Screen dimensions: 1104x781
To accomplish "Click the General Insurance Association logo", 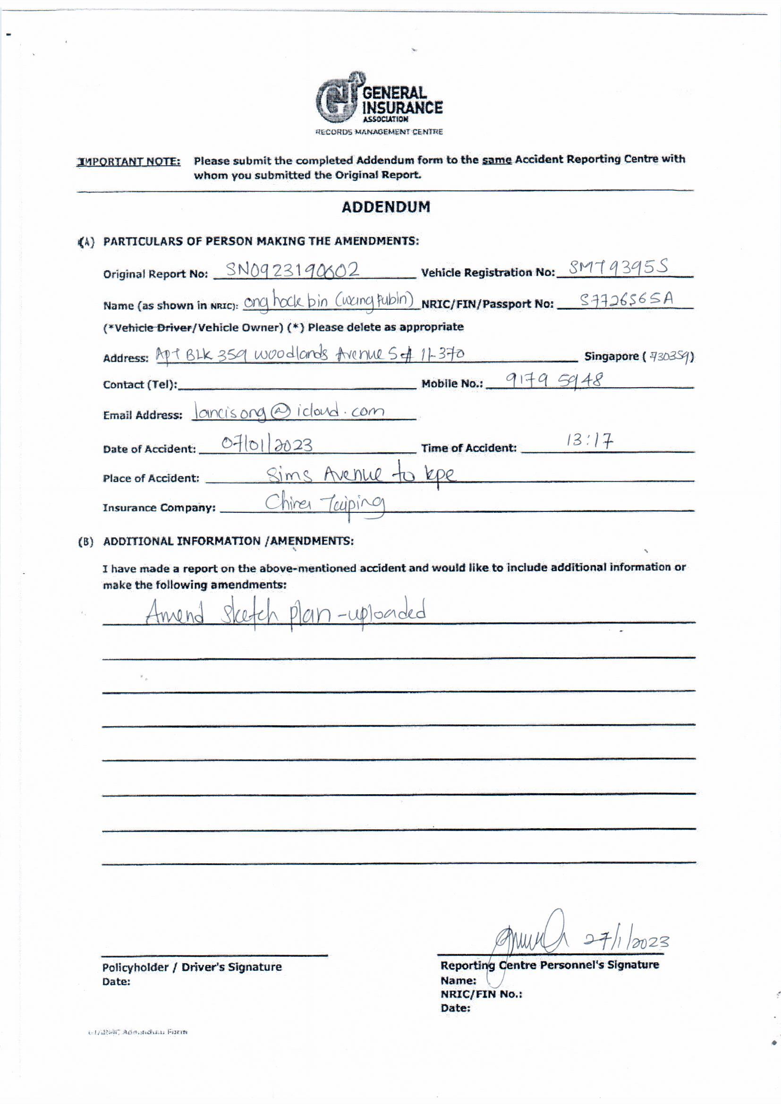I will [379, 100].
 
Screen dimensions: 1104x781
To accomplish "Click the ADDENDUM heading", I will [386, 207].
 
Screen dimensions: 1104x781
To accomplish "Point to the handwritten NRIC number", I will [626, 300].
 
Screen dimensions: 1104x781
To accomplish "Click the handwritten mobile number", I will [548, 381].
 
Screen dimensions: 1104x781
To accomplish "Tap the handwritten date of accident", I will [266, 444].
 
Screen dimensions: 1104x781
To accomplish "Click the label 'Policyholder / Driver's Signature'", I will [192, 967].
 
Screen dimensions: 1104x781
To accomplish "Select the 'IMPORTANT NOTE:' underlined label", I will [129, 161].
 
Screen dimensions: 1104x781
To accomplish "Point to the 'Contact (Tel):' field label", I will [140, 385].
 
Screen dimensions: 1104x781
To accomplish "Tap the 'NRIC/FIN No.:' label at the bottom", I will [481, 994].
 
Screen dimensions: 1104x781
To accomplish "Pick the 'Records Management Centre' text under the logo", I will [379, 132].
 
